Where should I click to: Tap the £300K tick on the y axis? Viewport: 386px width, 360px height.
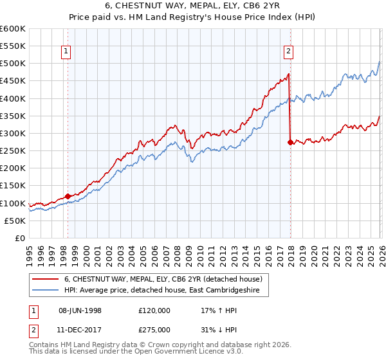(13, 134)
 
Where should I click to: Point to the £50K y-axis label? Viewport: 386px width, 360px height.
(15, 221)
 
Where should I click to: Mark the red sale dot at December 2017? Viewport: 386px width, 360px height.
(290, 142)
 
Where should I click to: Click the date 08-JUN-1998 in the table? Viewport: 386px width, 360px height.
(80, 310)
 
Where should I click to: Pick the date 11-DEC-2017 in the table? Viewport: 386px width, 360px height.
(80, 329)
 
